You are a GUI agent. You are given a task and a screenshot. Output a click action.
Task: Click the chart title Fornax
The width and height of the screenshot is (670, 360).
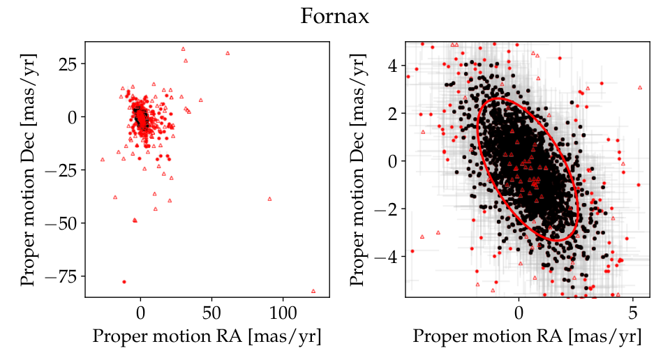[334, 17]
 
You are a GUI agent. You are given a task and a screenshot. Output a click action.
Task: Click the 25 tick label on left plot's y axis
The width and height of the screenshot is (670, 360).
[68, 64]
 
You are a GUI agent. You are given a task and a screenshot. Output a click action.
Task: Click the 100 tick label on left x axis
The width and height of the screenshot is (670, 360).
[283, 313]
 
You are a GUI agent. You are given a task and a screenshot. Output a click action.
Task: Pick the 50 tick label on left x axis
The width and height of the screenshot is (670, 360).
[211, 313]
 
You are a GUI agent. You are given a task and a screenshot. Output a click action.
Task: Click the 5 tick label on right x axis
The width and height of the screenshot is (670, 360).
[633, 313]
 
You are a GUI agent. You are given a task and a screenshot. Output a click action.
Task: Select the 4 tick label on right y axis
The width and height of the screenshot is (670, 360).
[393, 66]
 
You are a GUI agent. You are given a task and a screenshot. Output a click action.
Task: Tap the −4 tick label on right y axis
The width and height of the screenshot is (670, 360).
[387, 257]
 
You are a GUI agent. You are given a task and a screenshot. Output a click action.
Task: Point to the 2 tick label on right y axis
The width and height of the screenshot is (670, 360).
[393, 114]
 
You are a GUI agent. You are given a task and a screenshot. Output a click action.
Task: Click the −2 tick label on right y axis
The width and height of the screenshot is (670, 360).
[387, 209]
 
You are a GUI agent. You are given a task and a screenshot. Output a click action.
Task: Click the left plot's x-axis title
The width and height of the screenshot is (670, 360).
[207, 336]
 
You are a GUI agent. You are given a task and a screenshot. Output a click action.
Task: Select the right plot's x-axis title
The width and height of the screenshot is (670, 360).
[528, 336]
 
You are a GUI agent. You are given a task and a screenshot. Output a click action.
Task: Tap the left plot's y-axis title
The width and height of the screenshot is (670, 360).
[28, 170]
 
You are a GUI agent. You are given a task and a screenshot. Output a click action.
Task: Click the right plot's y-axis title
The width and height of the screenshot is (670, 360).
[357, 170]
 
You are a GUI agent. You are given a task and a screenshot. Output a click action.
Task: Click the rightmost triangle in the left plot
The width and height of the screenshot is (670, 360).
[313, 291]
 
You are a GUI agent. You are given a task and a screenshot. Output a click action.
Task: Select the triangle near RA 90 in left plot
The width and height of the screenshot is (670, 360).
[269, 199]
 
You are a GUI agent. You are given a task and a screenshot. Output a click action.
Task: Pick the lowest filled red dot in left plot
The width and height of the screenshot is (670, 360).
[124, 282]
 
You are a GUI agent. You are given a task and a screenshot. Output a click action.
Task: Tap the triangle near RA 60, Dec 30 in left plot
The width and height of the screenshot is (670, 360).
[228, 54]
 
